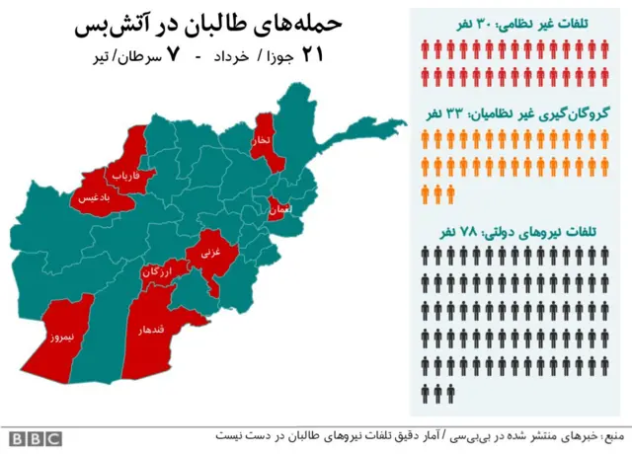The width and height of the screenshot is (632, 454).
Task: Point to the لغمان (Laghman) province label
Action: coord(279,209)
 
